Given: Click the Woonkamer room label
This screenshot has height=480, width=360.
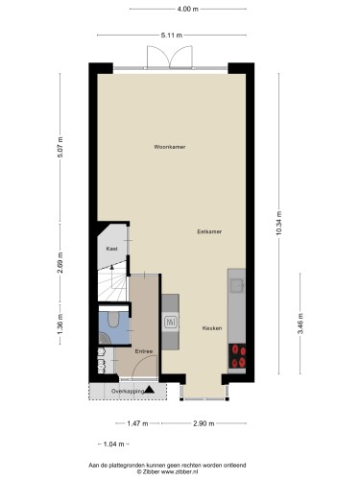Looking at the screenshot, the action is click(x=170, y=147).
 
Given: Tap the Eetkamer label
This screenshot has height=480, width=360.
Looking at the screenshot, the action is click(x=209, y=231).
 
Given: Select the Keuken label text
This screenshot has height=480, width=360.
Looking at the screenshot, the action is click(x=212, y=328).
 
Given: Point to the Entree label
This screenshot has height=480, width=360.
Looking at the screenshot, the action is click(x=144, y=351).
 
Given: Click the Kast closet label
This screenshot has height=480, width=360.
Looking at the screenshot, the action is click(x=112, y=249).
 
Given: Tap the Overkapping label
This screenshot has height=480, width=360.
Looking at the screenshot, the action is click(x=128, y=391).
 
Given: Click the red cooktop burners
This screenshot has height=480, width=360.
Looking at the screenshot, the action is click(x=237, y=356).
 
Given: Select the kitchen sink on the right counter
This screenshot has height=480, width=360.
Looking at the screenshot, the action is click(x=237, y=286).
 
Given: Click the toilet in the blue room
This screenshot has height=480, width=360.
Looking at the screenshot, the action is click(x=113, y=320).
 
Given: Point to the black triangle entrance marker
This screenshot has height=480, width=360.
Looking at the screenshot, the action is click(x=150, y=390).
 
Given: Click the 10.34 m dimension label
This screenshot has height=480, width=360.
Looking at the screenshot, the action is click(x=278, y=223).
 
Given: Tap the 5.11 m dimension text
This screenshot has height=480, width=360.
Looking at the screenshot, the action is click(x=172, y=36).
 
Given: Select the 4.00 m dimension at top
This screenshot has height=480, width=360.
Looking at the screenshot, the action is click(x=188, y=9).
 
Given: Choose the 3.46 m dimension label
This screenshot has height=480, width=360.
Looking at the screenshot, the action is click(x=300, y=324).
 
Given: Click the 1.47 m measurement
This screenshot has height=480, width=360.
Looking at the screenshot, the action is click(x=137, y=423).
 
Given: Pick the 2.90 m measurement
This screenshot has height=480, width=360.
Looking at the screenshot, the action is click(x=204, y=423).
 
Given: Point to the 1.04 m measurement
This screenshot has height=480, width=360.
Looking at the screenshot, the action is click(x=113, y=444).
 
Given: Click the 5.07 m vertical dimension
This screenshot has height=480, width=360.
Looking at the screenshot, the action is click(x=60, y=147).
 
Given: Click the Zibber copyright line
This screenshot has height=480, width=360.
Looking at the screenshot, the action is click(x=167, y=471).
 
